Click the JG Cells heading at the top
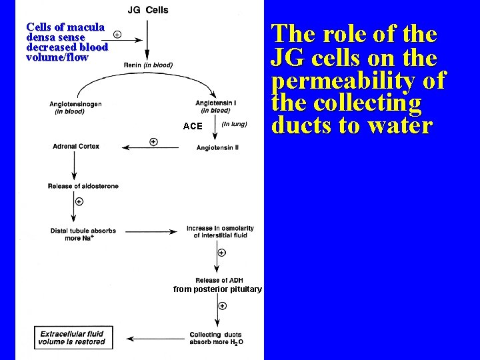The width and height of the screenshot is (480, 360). tap(148, 10)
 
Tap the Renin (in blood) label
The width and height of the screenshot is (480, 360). tap(148, 65)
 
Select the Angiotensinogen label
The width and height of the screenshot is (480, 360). tap(75, 108)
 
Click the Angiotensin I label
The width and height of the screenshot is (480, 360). tap(213, 107)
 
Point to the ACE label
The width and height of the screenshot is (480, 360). tap(193, 126)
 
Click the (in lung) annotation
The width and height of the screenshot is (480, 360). tap(234, 124)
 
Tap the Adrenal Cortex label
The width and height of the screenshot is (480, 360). tap(77, 147)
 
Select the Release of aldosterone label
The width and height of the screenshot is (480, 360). tap(83, 186)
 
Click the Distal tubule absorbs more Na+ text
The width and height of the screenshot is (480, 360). tap(83, 234)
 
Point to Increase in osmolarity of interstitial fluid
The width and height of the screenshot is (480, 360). tap(220, 232)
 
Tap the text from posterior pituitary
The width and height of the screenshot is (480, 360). tap(217, 289)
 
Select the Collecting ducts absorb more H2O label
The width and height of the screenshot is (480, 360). tap(215, 338)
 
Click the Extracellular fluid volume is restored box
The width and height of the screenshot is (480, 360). tap(73, 337)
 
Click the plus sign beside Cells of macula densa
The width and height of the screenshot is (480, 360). tap(117, 33)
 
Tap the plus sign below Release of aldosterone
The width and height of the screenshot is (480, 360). tap(79, 201)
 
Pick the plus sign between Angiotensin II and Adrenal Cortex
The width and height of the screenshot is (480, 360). tap(153, 141)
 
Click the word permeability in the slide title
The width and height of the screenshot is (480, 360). tap(359, 80)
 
